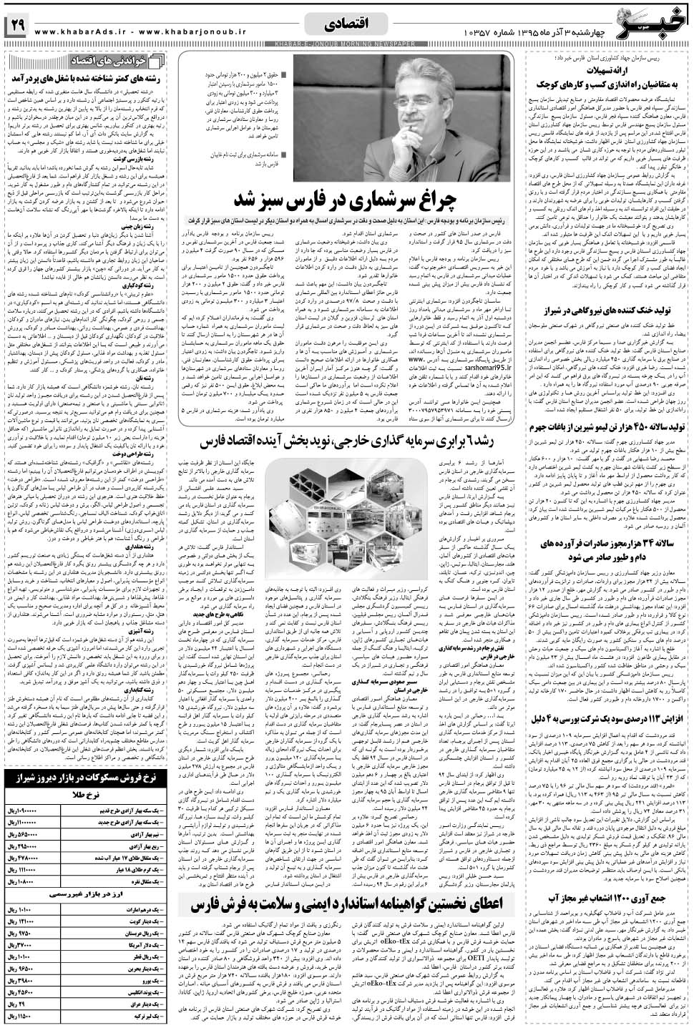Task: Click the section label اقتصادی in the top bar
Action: click(x=347, y=24)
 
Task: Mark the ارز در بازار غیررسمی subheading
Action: click(x=85, y=892)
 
